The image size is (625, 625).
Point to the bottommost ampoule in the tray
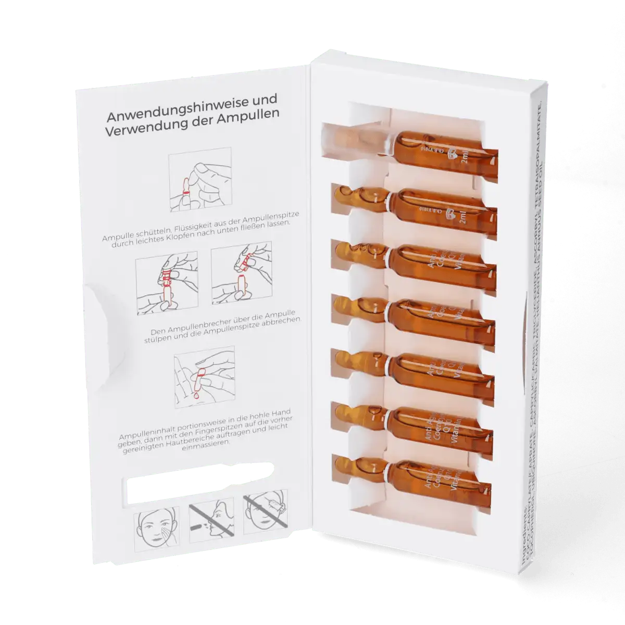pyautogui.click(x=411, y=471)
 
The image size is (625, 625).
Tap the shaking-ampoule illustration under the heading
pyautogui.click(x=199, y=180)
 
